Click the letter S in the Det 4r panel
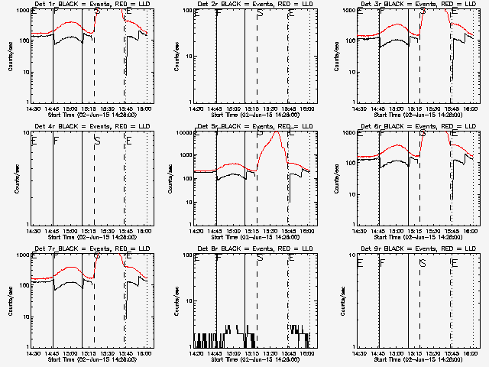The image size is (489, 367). (x=96, y=141)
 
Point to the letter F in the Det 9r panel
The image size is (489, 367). (x=383, y=263)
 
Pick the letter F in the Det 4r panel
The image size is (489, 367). (x=55, y=141)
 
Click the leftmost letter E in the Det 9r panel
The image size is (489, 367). (x=359, y=263)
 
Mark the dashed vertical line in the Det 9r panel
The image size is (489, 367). (x=419, y=306)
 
